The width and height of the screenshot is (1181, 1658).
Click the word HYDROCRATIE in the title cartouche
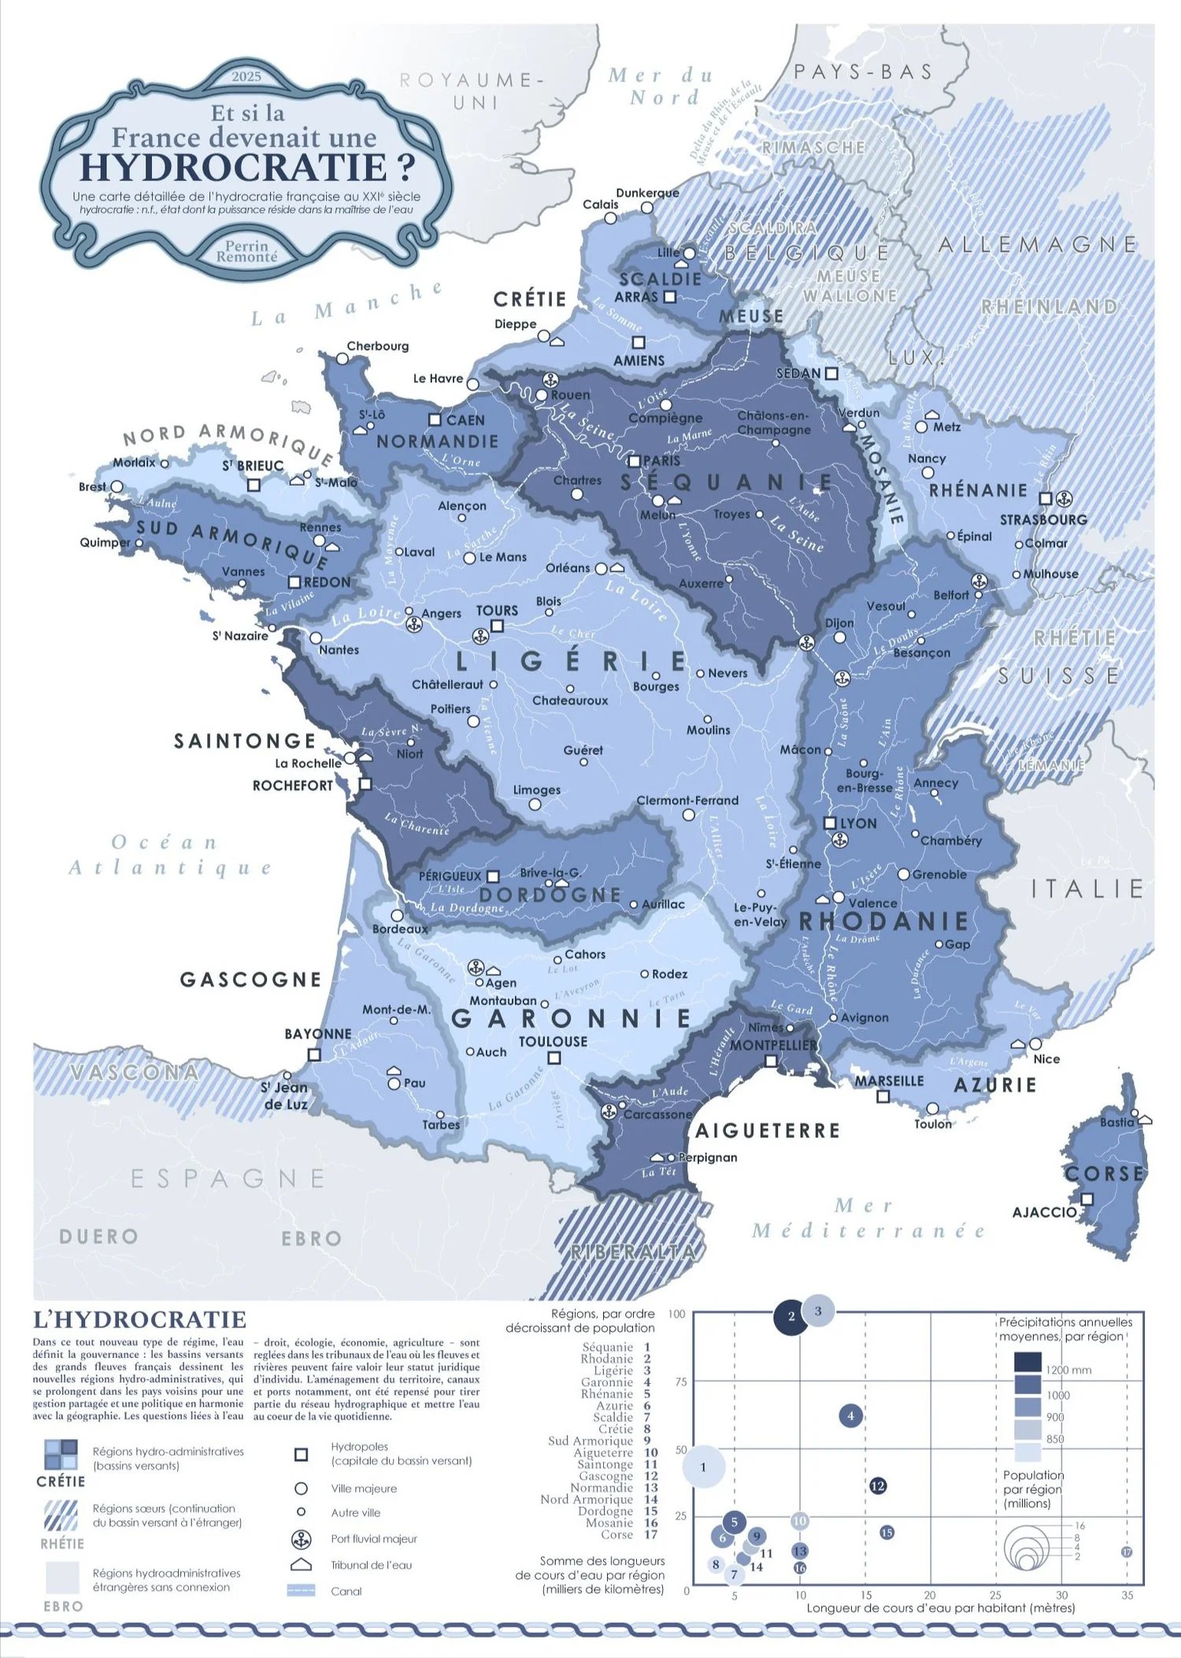(x=235, y=167)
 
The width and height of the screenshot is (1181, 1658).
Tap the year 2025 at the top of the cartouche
(x=246, y=76)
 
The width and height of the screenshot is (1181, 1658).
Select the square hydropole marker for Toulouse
(x=553, y=1058)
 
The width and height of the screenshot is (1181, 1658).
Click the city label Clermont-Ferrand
(x=687, y=800)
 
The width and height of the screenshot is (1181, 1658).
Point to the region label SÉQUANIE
(x=726, y=482)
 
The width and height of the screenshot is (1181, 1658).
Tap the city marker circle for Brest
(x=117, y=487)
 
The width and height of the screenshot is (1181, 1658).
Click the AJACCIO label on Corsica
(x=1043, y=1212)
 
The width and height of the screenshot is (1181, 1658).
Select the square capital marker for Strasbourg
(x=1045, y=498)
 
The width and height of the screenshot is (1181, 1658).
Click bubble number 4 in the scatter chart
(x=850, y=1416)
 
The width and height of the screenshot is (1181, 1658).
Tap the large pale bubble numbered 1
(x=703, y=1467)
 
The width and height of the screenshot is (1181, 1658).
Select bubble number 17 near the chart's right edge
(x=1127, y=1552)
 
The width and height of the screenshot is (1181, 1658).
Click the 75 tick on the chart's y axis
(x=681, y=1382)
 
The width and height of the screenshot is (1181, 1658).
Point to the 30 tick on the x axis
(x=1061, y=1595)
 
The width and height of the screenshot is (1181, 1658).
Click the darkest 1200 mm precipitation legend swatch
(x=1027, y=1362)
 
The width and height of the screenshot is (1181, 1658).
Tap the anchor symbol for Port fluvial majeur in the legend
(x=301, y=1539)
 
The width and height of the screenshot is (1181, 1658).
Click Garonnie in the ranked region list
(x=606, y=1382)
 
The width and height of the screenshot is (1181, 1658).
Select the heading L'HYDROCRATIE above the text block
(x=139, y=1320)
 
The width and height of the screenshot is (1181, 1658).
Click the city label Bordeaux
(x=401, y=929)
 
